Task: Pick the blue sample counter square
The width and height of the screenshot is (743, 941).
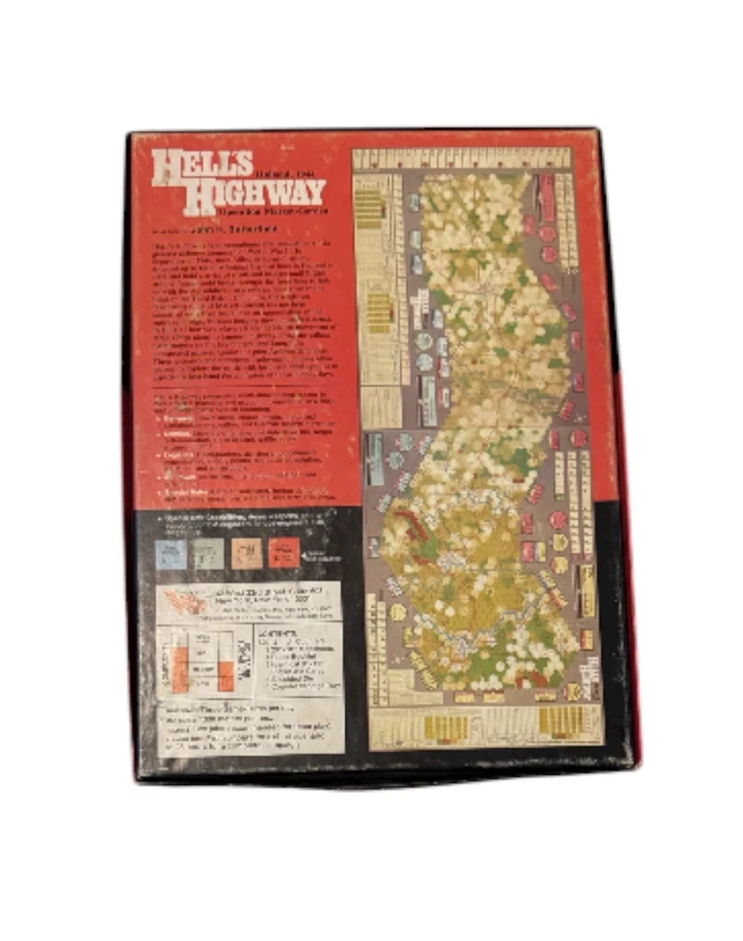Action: point(171,554)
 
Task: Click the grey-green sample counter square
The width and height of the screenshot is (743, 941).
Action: point(209,554)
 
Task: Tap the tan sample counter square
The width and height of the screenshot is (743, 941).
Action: point(246,554)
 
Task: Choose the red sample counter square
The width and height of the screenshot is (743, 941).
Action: point(283,554)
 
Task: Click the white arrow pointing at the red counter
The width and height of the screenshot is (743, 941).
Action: point(306,555)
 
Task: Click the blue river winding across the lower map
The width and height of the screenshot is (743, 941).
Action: point(461,627)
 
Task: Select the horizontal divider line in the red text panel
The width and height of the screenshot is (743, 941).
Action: point(245,389)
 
